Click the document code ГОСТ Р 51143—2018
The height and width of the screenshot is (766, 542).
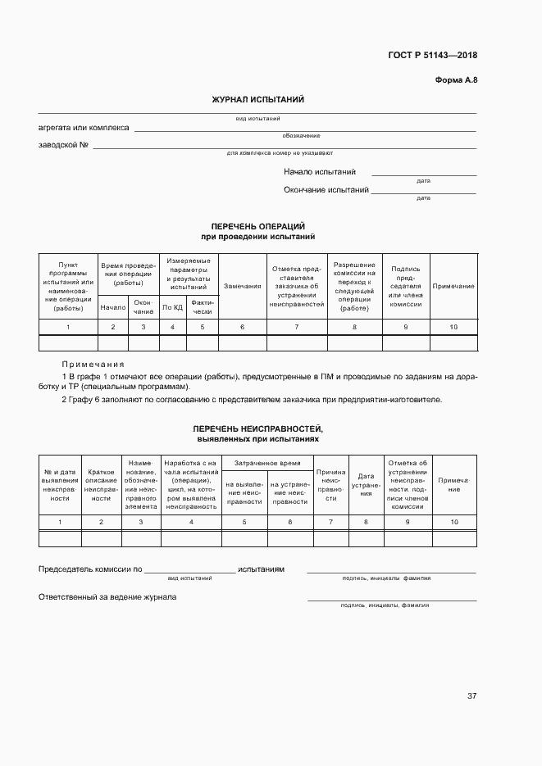click(x=432, y=56)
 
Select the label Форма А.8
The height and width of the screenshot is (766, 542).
click(x=456, y=79)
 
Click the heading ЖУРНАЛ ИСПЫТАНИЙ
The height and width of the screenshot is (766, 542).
click(x=258, y=100)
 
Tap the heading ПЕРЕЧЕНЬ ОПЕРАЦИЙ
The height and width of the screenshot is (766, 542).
click(x=258, y=226)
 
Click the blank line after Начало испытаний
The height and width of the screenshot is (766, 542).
click(x=423, y=173)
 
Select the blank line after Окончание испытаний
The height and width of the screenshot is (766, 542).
click(x=423, y=191)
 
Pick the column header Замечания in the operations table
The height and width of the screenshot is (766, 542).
click(x=243, y=286)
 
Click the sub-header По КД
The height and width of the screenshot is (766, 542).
click(x=172, y=307)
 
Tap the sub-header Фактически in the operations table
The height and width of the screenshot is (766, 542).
click(x=203, y=307)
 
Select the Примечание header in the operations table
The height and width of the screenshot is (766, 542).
click(x=453, y=286)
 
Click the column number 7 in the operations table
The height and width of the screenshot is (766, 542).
click(x=297, y=327)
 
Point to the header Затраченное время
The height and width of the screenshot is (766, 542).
click(x=267, y=463)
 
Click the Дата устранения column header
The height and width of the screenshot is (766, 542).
click(x=366, y=485)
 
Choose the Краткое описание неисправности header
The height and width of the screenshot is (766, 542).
click(x=101, y=485)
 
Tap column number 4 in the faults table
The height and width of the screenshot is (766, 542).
click(x=191, y=522)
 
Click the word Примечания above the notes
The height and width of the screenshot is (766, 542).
click(x=93, y=364)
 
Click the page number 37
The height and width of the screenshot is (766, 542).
click(x=471, y=696)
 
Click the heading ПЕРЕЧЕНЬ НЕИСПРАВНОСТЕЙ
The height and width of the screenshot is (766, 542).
click(x=258, y=429)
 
